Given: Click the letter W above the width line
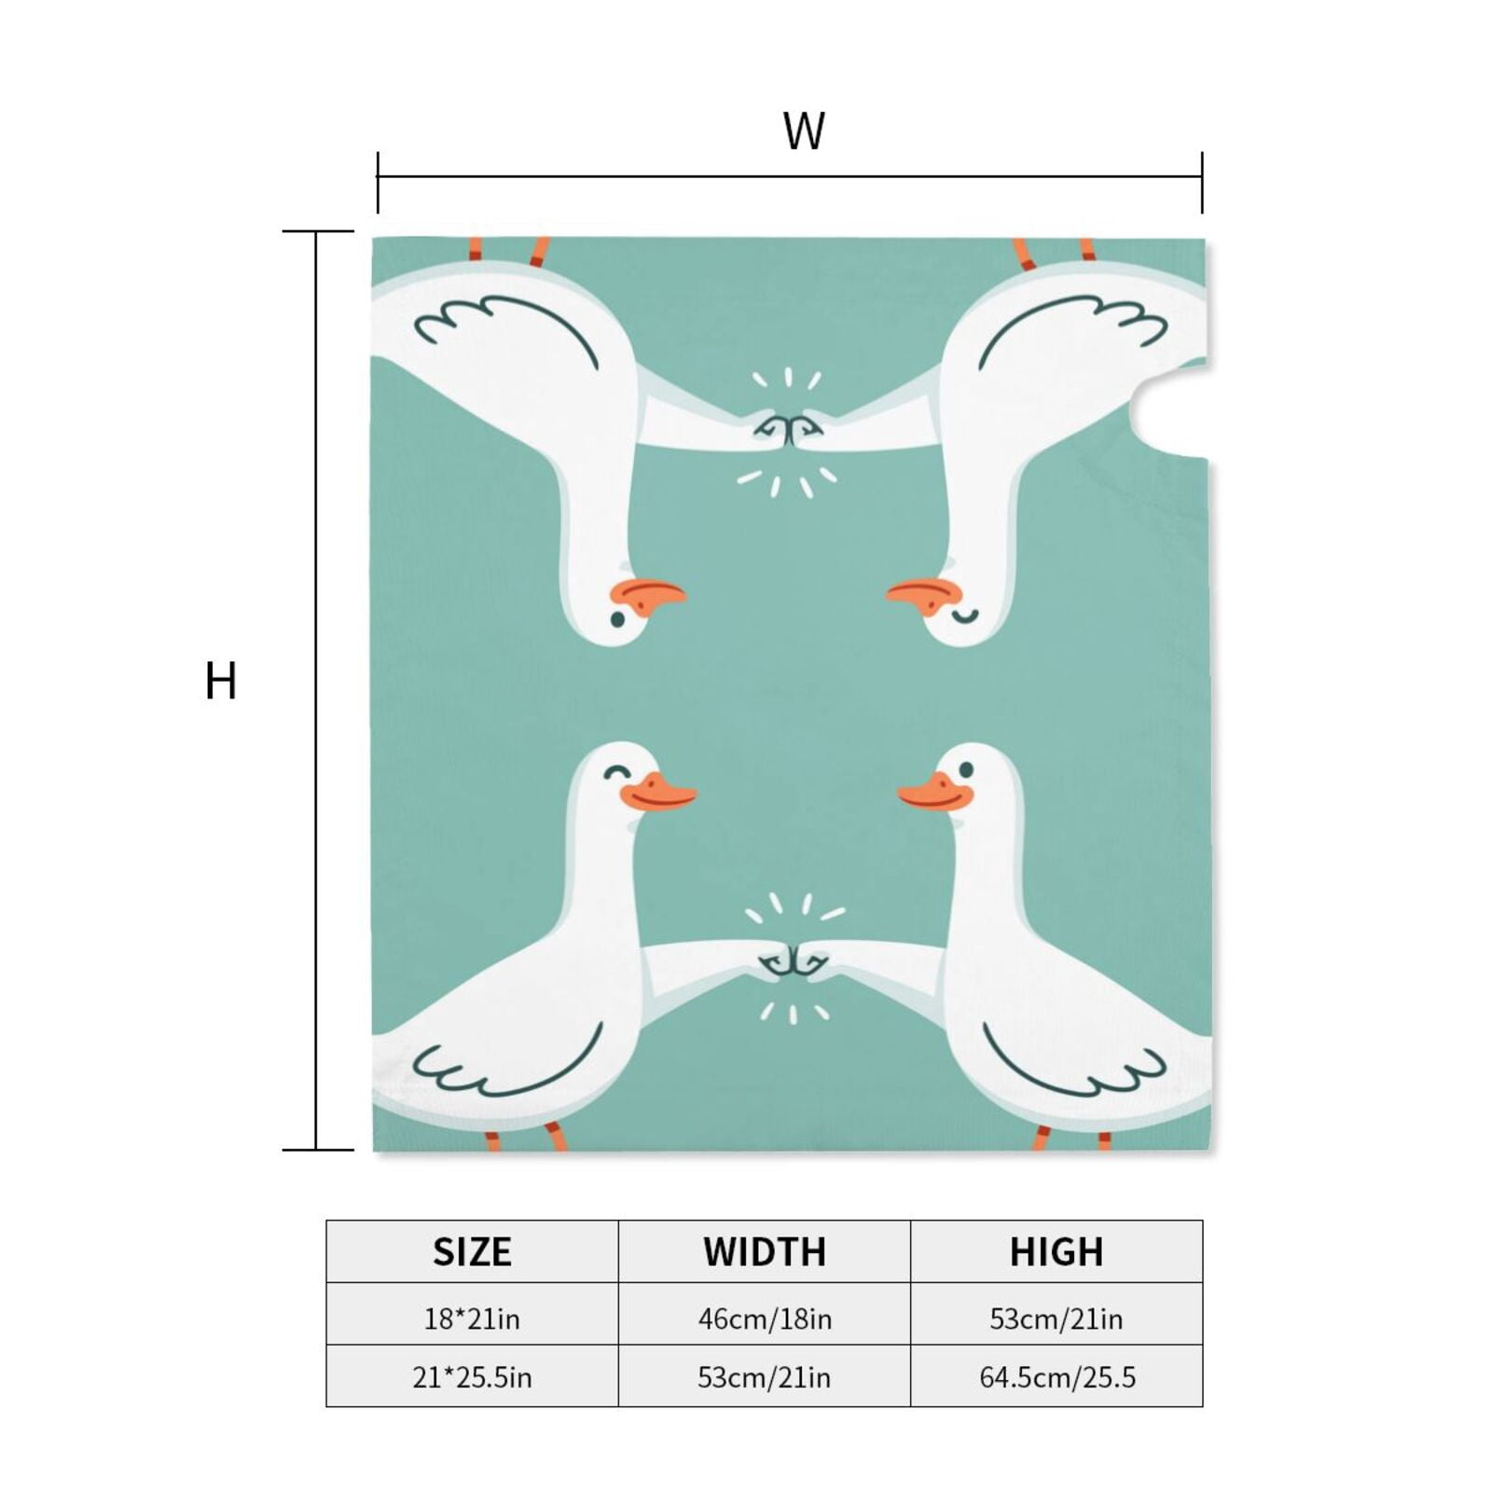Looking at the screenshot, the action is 803,131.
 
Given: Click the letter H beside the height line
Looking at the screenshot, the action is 220,681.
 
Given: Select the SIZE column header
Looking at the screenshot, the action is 472,1251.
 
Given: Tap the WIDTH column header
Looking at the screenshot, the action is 765,1251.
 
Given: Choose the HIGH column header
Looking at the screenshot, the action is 1057,1251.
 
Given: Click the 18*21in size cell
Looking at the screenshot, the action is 472,1319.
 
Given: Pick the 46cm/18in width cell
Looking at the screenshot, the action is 765,1319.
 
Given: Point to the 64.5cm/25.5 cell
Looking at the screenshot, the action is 1057,1377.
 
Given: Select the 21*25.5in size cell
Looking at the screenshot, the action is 472,1377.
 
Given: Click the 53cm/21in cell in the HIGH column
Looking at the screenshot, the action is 1057,1319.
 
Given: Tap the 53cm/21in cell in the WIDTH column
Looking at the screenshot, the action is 765,1377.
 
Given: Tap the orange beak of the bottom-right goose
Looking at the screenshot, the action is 935,794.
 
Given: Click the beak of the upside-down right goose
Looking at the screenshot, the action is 924,598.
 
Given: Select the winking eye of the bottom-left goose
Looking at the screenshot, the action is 616,772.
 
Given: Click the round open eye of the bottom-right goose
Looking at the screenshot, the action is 966,770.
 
